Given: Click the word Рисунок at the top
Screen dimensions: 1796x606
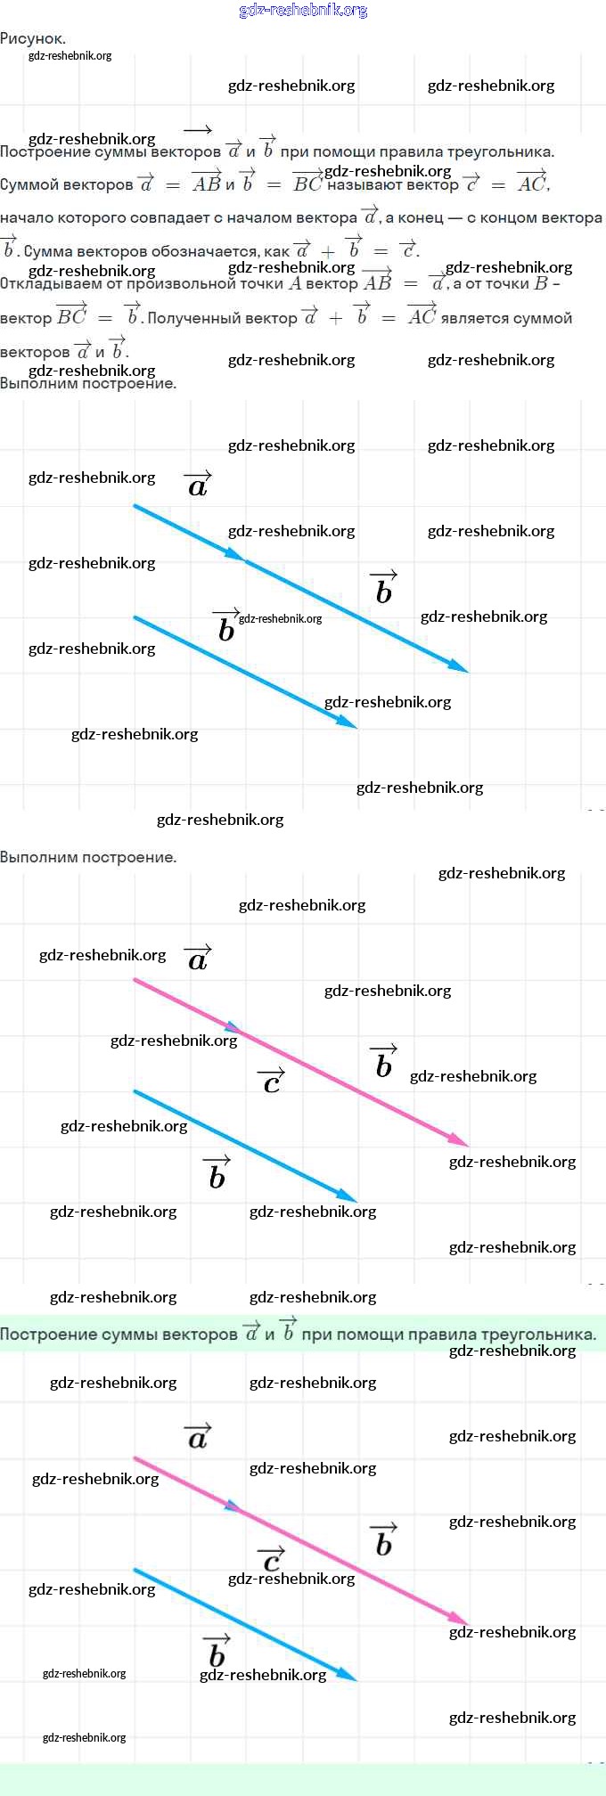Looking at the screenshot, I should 32,38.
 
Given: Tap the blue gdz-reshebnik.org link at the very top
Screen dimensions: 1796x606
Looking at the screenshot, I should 303,11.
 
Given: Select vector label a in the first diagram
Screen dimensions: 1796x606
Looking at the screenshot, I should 198,486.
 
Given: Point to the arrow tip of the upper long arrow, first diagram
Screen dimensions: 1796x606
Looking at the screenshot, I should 461,667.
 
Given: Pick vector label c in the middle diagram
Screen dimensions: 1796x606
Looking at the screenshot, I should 272,1082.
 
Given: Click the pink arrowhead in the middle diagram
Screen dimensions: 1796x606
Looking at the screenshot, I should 460,1141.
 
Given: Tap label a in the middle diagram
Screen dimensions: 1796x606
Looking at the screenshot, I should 198,960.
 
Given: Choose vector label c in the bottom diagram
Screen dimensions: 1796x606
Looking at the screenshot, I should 272,1561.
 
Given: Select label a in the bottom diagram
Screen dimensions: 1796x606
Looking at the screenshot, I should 198,1439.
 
